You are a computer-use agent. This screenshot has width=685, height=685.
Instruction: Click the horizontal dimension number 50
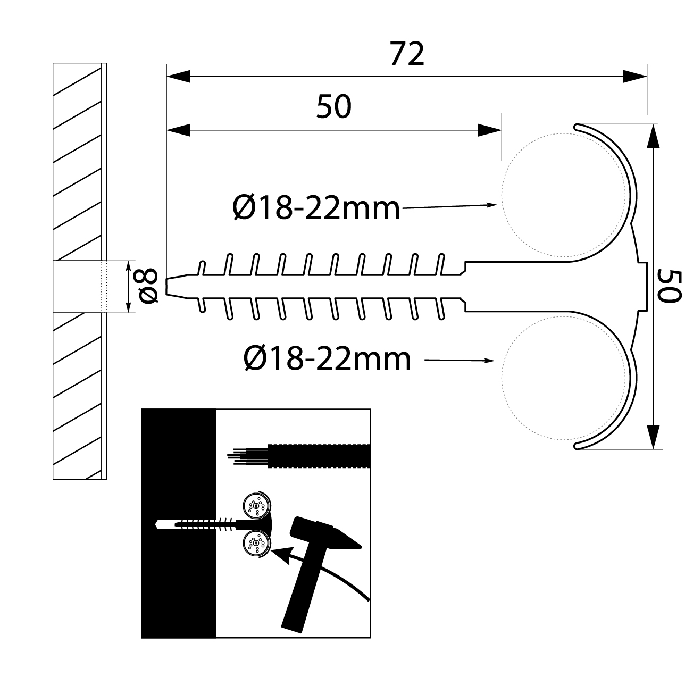click(x=334, y=106)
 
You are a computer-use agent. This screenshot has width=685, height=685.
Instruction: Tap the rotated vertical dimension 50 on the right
click(x=669, y=286)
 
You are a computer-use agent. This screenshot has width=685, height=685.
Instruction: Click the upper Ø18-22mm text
click(x=316, y=208)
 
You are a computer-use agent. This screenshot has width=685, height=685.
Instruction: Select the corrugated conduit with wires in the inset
click(x=318, y=456)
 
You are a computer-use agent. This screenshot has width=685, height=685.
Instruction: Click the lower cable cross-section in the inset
click(x=256, y=544)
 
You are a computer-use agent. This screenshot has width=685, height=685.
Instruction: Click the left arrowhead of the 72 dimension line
click(x=179, y=76)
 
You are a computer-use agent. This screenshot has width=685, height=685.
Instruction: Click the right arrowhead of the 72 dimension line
click(x=635, y=76)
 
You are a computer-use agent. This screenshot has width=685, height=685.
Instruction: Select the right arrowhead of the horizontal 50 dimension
click(x=489, y=130)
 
